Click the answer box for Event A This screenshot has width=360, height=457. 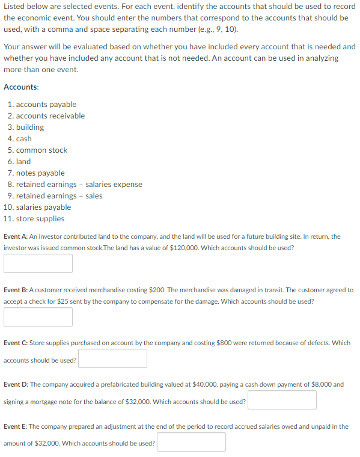coord(38,263)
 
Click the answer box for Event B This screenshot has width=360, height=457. coord(38,316)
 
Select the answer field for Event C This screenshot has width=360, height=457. coord(112,359)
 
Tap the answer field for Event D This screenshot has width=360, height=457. coord(282,400)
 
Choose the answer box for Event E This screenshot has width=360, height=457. coord(191,442)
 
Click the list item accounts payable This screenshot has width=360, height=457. coord(46,105)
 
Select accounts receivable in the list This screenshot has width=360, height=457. coord(50,116)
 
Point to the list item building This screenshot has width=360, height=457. coord(30,127)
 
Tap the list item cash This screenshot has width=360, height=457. coord(24,139)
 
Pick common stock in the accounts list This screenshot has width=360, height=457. coord(41,150)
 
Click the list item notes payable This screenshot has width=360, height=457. coord(40,173)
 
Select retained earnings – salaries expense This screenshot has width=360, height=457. coord(79,185)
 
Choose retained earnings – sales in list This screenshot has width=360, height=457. coord(59,196)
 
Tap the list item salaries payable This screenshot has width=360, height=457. coord(43,207)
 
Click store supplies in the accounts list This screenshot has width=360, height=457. coord(40,219)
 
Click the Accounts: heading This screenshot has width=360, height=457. coord(21,87)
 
